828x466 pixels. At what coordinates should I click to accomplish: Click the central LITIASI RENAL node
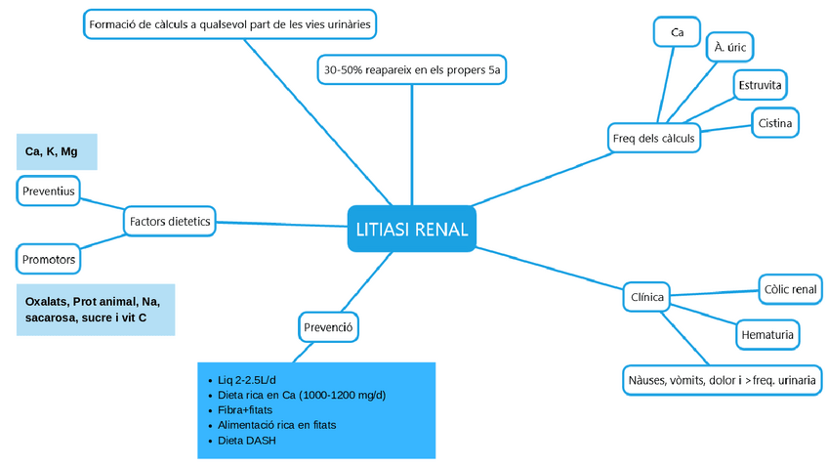(411, 230)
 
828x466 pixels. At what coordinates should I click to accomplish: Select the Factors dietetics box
(170, 222)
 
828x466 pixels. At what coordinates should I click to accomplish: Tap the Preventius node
(48, 191)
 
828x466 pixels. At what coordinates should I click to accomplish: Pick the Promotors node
(49, 260)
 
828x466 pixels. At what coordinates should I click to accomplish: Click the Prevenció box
(327, 326)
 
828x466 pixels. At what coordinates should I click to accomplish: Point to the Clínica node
(646, 297)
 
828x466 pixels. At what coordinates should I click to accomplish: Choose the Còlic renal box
(790, 289)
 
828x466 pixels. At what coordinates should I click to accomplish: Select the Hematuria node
(766, 335)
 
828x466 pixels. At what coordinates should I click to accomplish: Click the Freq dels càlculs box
(653, 138)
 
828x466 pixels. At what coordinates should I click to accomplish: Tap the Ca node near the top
(677, 32)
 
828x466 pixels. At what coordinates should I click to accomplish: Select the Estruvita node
(760, 85)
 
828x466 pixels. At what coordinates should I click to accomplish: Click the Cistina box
(775, 123)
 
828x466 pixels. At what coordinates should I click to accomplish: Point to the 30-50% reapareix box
(412, 70)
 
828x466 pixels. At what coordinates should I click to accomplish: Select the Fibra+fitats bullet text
(244, 410)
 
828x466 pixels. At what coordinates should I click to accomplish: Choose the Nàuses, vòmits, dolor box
(721, 379)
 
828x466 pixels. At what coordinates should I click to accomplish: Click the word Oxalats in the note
(46, 302)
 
